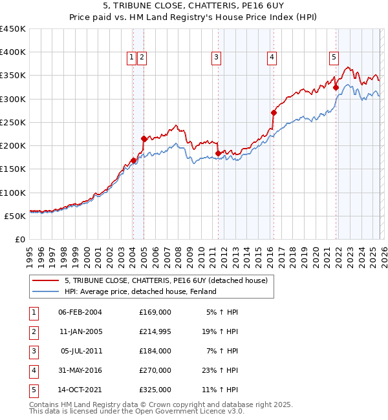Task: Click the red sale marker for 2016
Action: (274, 112)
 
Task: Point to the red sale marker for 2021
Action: (336, 87)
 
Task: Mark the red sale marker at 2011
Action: (218, 153)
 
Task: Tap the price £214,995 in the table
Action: (155, 331)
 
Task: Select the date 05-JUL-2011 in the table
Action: (80, 351)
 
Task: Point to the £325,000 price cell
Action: (155, 390)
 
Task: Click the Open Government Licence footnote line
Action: (136, 411)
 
